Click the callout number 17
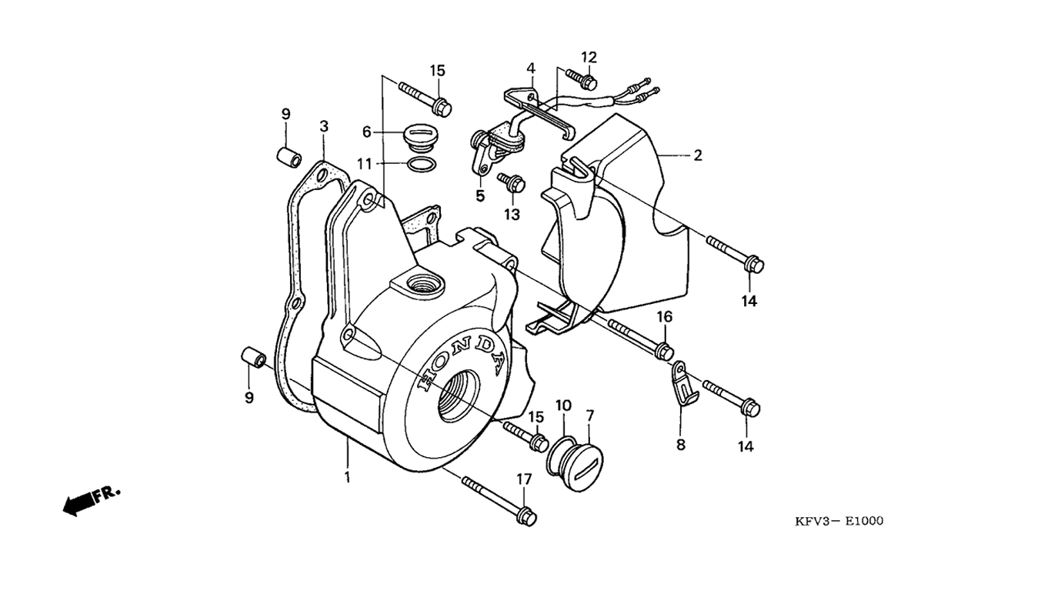[523, 479]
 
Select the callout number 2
[697, 155]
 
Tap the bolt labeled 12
[582, 78]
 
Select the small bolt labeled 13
[512, 183]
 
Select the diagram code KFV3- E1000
[839, 522]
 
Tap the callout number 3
[324, 126]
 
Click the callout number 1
[347, 477]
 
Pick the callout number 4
[531, 68]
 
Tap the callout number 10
[563, 405]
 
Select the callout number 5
[480, 196]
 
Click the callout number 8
[680, 444]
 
